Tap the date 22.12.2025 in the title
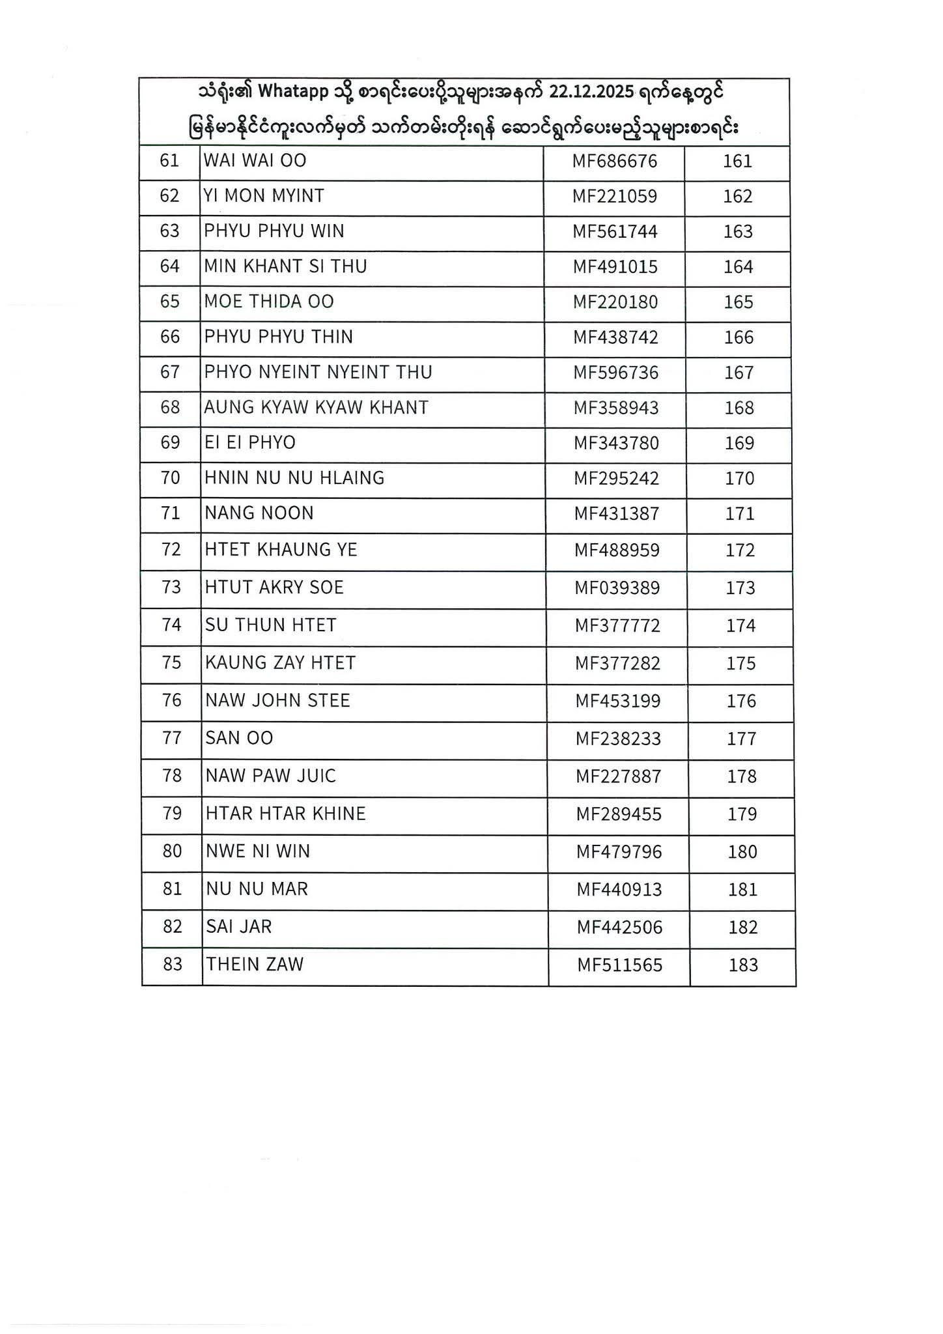(x=591, y=92)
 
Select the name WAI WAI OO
(x=255, y=160)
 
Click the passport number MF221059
(x=615, y=196)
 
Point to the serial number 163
(x=738, y=232)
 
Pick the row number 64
(x=169, y=266)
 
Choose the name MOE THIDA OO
(x=269, y=302)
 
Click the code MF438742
(x=615, y=337)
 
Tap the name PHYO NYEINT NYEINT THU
(x=318, y=373)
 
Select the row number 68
(x=170, y=408)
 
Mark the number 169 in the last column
(x=739, y=444)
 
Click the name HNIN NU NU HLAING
(x=294, y=478)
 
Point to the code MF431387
(x=617, y=514)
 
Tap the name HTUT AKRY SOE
(x=274, y=588)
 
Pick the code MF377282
(x=617, y=664)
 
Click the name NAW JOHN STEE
(x=277, y=701)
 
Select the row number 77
(x=172, y=738)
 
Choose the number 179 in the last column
(x=742, y=814)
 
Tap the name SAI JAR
(x=238, y=927)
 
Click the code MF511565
(x=619, y=965)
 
